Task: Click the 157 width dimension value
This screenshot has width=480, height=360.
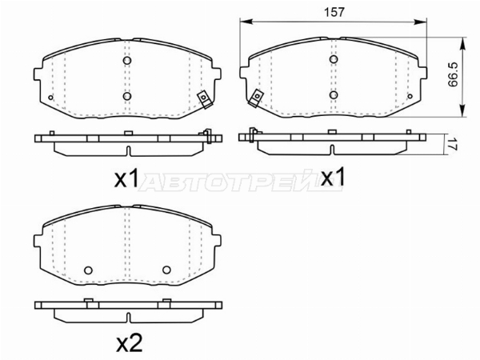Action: [x=334, y=12]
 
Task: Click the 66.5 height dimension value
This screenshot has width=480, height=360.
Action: [x=452, y=74]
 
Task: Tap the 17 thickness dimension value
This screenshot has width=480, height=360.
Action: [x=453, y=144]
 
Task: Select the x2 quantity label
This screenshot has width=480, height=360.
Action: [x=130, y=343]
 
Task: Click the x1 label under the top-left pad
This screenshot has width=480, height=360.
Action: [x=126, y=179]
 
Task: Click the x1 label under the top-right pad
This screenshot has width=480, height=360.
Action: [x=333, y=177]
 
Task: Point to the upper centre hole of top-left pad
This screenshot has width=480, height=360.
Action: [x=127, y=60]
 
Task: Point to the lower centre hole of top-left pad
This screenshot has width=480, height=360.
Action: [x=127, y=96]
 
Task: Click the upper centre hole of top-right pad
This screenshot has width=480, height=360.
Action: [x=334, y=59]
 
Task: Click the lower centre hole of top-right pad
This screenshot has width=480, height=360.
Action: [x=334, y=94]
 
